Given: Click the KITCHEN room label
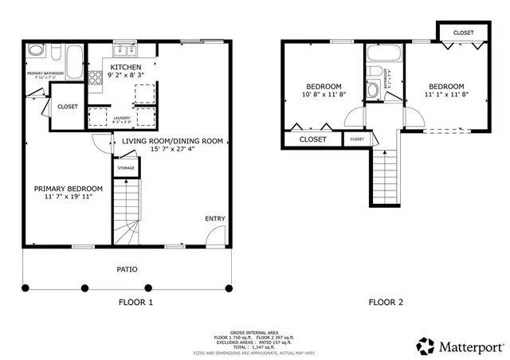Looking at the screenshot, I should point(126,67).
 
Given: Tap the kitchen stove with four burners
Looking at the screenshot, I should point(94,78).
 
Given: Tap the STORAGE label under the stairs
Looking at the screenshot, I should point(126,168).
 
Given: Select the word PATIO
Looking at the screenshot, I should point(127,269).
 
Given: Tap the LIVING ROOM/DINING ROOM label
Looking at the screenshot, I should point(172,141).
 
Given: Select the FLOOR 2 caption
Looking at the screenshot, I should point(386,302).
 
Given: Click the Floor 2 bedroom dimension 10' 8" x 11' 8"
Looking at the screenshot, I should point(324,94).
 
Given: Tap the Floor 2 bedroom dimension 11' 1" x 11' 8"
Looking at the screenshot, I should point(445,94).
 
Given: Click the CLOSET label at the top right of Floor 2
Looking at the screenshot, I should point(463,33).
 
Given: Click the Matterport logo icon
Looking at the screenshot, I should point(426,346).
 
